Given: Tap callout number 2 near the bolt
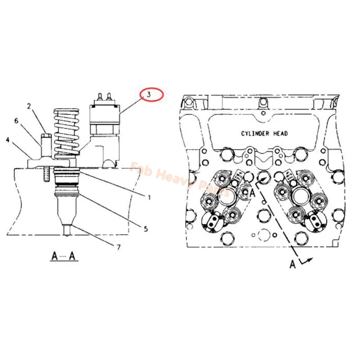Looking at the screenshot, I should pos(28,107).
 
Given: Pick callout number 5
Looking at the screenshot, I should pos(145,228).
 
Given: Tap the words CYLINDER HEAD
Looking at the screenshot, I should pos(264,133).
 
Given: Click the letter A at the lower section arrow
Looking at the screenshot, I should pos(292,265).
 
